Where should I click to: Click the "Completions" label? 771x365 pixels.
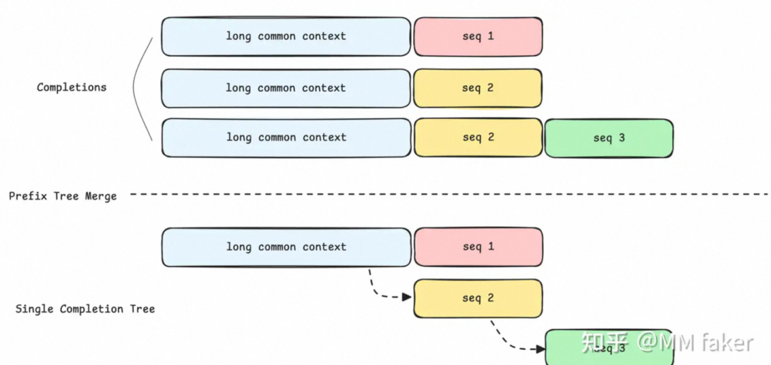click(x=71, y=88)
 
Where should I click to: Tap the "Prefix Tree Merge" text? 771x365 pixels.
click(x=63, y=196)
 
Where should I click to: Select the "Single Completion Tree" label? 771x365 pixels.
click(x=85, y=309)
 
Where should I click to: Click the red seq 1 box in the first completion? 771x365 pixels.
click(x=478, y=36)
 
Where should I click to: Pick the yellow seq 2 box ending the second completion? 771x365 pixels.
click(x=478, y=88)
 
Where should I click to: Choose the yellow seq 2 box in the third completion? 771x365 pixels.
click(x=478, y=138)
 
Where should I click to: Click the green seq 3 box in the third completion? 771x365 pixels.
click(x=608, y=138)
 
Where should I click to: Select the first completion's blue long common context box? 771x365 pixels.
click(x=286, y=36)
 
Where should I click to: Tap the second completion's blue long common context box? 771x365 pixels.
click(x=286, y=88)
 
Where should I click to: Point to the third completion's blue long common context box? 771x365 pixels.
click(x=286, y=138)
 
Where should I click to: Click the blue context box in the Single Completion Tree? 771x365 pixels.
click(x=286, y=247)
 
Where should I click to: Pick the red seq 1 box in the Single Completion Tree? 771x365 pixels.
click(x=478, y=247)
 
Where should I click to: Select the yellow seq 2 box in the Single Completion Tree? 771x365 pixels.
click(x=478, y=299)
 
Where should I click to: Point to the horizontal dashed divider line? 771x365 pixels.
click(x=443, y=194)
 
